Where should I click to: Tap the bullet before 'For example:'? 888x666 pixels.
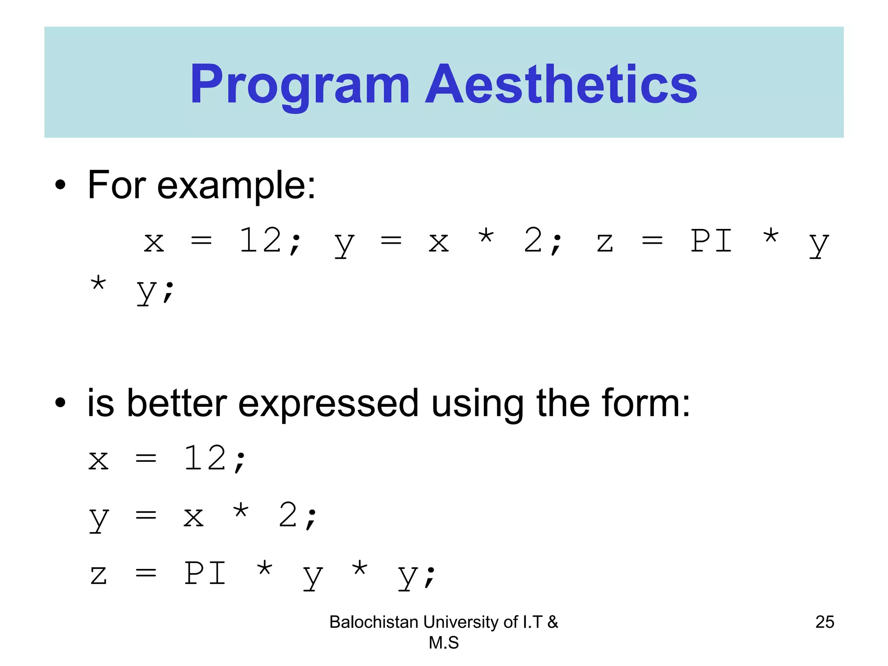click(60, 185)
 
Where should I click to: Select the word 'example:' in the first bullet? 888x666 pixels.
click(236, 186)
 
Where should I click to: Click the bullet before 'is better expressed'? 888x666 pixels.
click(60, 403)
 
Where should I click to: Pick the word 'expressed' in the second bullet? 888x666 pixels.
click(328, 404)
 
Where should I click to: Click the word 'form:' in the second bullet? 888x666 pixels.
click(646, 403)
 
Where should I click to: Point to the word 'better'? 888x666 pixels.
click(177, 403)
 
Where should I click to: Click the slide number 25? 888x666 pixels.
click(824, 622)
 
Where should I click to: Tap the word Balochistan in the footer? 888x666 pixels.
click(374, 622)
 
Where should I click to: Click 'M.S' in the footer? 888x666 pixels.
click(444, 643)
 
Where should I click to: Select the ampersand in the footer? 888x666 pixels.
click(552, 622)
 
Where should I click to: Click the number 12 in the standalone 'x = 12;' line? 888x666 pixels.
click(205, 459)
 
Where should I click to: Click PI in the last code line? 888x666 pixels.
click(205, 574)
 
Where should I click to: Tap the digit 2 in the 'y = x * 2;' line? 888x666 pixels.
click(288, 516)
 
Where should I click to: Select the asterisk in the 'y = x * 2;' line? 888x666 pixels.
click(241, 512)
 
